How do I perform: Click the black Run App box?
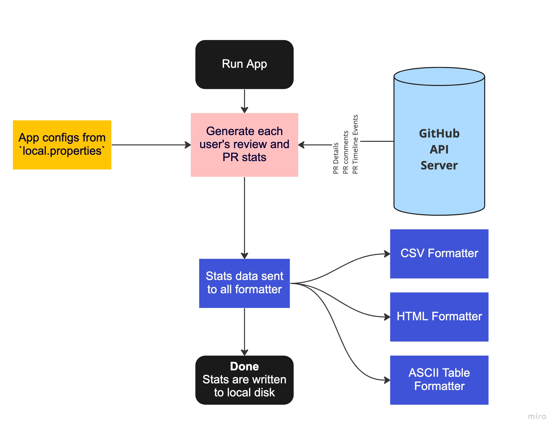244,64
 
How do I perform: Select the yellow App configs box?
62,145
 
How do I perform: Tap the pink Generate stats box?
244,145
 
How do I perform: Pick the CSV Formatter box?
439,254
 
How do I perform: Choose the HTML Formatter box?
439,317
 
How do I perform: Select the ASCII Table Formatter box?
439,380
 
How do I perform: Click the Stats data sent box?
244,283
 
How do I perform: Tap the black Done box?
244,380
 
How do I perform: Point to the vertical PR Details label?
335,158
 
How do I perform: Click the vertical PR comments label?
346,152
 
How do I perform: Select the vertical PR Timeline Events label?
355,144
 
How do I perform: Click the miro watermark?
537,416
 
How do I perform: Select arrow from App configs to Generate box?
151,145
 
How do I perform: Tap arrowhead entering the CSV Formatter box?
387,254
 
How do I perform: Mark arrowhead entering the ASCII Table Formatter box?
387,380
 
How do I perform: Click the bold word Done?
244,366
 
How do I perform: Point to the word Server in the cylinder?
439,165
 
